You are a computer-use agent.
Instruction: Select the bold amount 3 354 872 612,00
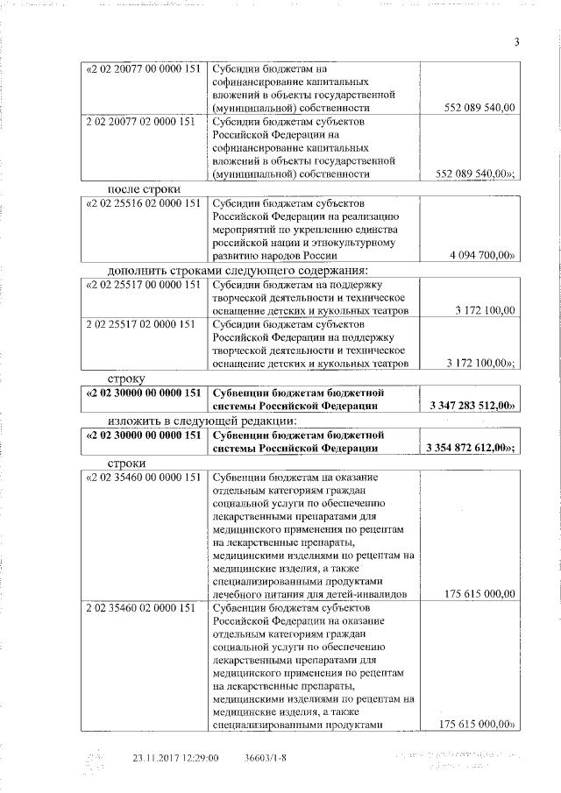[470, 448]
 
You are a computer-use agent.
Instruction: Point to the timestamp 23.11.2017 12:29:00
[175, 758]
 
